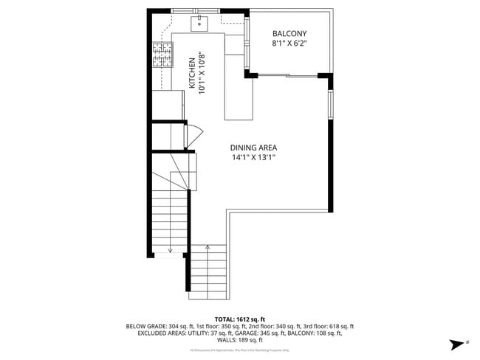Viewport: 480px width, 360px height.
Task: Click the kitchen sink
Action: [200, 24]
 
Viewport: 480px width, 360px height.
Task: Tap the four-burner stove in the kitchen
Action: [162, 55]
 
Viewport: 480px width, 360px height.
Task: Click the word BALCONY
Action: [289, 34]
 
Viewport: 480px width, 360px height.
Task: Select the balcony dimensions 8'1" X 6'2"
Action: [289, 44]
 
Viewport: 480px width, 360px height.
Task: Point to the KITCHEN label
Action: [191, 74]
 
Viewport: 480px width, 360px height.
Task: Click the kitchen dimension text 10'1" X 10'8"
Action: [201, 74]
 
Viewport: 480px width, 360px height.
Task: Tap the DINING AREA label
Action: [253, 148]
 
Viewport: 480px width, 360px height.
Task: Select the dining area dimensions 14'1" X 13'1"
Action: [253, 157]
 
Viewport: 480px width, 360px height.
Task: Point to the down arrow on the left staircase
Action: [170, 249]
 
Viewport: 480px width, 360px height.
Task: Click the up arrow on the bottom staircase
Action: [208, 249]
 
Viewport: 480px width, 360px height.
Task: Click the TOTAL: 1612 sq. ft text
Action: [240, 319]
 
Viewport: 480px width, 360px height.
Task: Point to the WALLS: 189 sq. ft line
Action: [240, 340]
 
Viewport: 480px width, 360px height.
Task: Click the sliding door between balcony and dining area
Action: [287, 75]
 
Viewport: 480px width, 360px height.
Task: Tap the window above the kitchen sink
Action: [195, 10]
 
